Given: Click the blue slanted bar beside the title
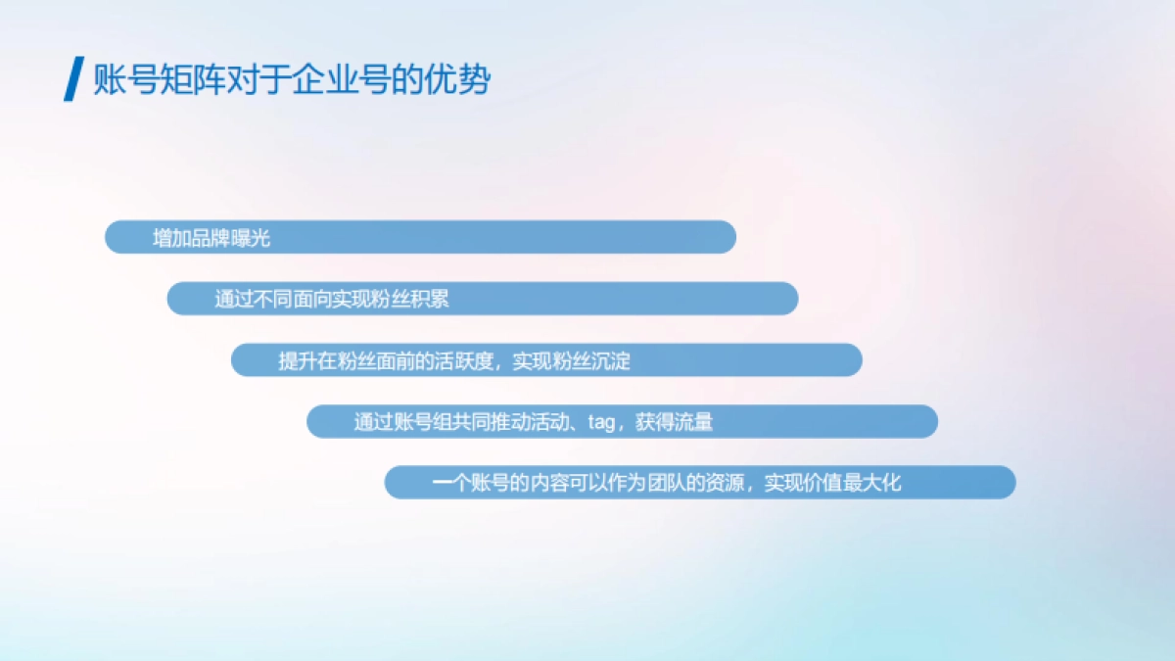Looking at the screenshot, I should (x=72, y=79).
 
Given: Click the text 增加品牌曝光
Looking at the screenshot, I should (x=211, y=238).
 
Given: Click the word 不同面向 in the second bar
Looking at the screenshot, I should (x=293, y=300).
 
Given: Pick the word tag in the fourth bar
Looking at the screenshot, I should (x=600, y=423).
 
